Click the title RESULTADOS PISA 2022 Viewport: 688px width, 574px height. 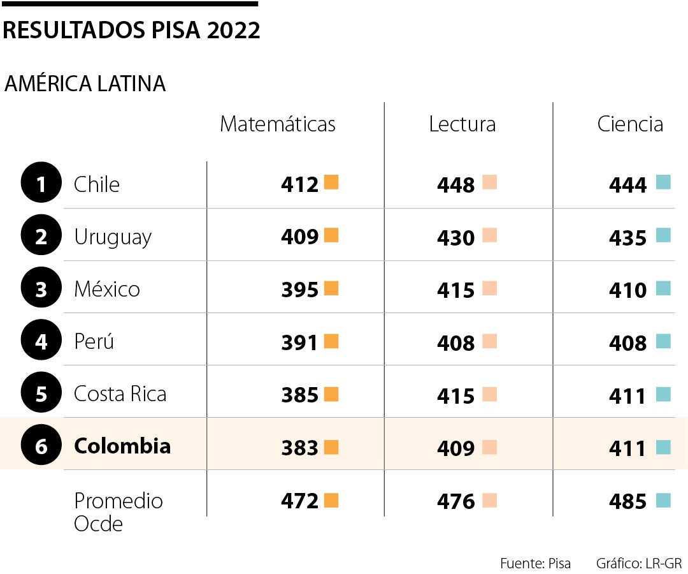pos(132,30)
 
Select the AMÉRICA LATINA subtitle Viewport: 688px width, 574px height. pos(85,84)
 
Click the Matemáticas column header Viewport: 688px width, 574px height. pos(277,124)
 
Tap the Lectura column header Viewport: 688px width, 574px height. pos(462,124)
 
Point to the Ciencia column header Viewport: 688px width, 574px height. pos(629,124)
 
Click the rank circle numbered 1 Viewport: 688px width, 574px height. pos(41,184)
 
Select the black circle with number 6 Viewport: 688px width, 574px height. pos(41,446)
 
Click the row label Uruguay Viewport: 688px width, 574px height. pos(113,237)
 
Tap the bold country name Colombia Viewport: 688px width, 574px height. pos(122,446)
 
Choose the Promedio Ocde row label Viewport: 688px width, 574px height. pos(118,512)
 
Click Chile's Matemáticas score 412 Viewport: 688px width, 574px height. pos(299,185)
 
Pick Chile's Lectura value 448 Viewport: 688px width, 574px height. pos(455,186)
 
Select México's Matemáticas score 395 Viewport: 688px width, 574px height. pos(299,290)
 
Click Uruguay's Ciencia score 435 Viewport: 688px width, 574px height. pos(627,238)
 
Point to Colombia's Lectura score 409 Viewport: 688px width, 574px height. pos(455,448)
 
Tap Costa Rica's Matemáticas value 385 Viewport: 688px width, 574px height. pos(299,395)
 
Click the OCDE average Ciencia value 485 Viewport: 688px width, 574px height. pos(627,502)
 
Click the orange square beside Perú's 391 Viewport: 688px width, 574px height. pos(331,341)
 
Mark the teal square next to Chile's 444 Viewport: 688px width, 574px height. pos(663,183)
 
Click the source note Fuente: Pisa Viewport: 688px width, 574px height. pos(535,563)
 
